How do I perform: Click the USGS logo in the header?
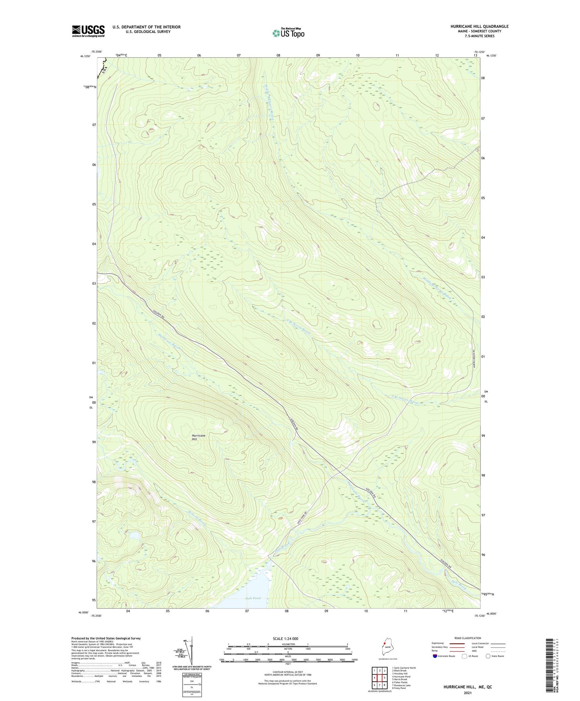pos(88,31)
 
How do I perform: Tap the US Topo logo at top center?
pos(288,33)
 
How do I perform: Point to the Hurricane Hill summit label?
pos(198,437)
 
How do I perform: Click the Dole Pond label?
pos(252,598)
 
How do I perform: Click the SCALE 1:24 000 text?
pos(285,639)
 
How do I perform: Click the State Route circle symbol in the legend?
pos(488,656)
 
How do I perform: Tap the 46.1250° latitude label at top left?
pos(85,56)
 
